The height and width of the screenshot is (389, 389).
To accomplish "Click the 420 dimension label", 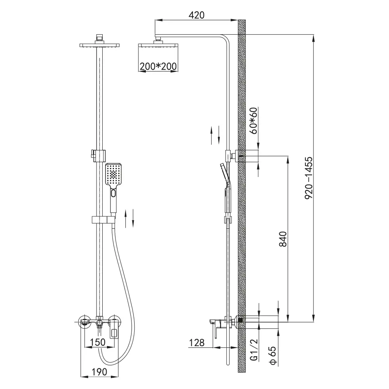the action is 196,15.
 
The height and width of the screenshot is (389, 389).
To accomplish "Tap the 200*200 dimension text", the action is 158,67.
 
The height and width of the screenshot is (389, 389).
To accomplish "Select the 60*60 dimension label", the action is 254,121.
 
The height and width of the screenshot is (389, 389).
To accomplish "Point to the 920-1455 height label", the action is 308,178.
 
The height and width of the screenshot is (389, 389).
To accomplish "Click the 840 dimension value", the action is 283,239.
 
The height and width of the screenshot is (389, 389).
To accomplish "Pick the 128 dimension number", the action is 197,343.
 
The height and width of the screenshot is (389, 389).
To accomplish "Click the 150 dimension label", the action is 98,342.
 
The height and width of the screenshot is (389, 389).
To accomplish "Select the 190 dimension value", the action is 99,371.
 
